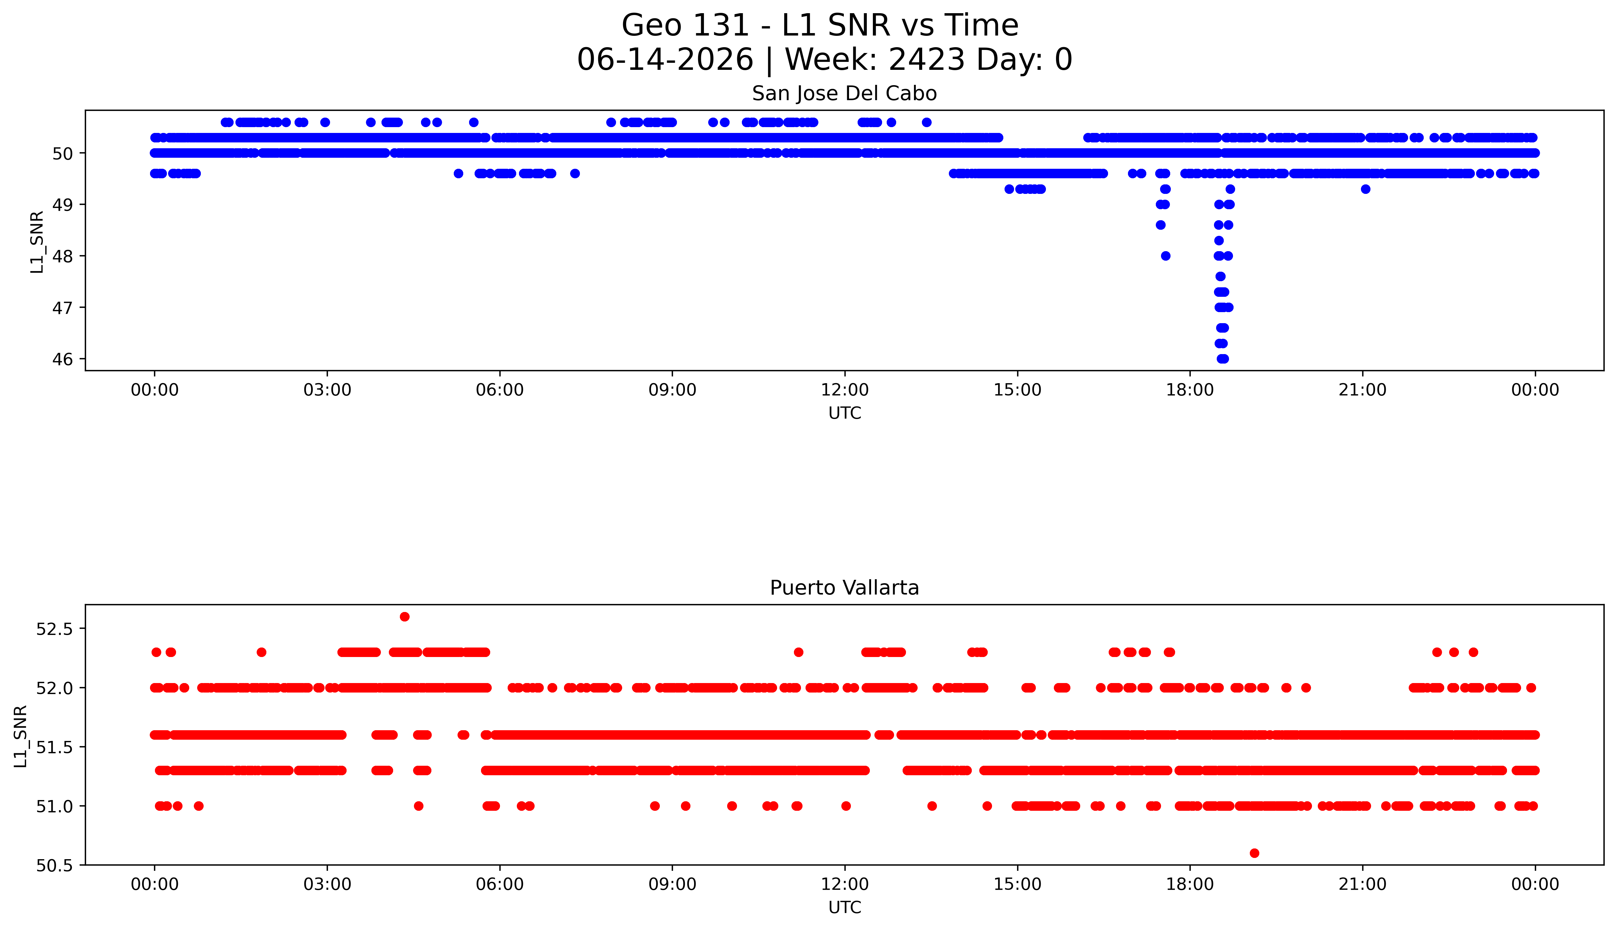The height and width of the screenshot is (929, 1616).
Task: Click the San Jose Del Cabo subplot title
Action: coord(844,94)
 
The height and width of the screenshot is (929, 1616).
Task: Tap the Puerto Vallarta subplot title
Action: coord(844,588)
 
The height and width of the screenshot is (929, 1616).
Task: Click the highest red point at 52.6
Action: coord(404,616)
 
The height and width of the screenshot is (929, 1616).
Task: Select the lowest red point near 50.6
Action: coord(1254,853)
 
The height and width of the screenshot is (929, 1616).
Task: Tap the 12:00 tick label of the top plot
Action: coord(845,390)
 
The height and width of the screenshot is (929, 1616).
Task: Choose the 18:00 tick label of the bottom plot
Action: coord(1190,884)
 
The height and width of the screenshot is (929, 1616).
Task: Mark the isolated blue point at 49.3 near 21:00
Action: coord(1365,189)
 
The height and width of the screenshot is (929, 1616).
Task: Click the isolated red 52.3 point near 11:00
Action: coord(799,652)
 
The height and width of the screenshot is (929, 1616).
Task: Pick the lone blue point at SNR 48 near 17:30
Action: coord(1166,256)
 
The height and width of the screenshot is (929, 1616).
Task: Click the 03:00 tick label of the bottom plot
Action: coord(327,884)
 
